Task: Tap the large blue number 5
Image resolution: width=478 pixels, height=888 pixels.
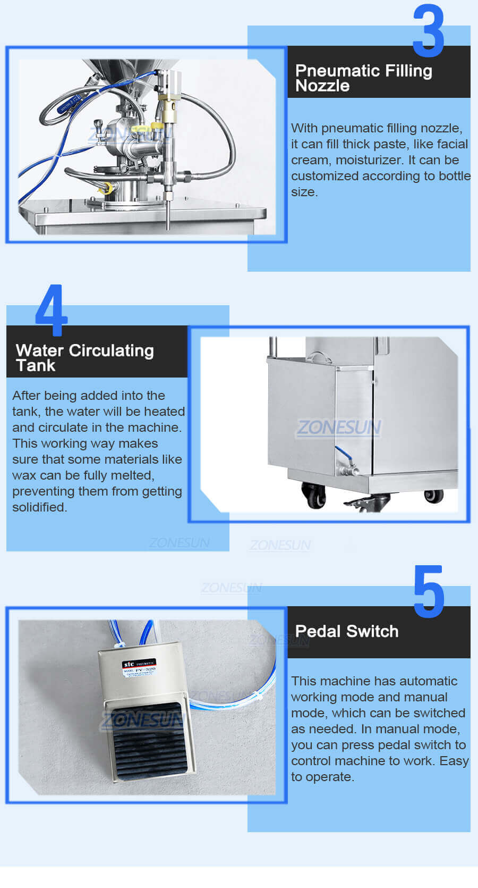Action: coord(429,592)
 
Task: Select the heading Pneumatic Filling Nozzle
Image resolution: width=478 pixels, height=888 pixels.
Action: coord(363,78)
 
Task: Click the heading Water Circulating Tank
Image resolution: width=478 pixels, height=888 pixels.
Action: coord(84,357)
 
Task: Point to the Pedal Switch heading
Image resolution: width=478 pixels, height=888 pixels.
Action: coord(346,631)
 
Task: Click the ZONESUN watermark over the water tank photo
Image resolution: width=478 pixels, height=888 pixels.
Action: coord(338,428)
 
